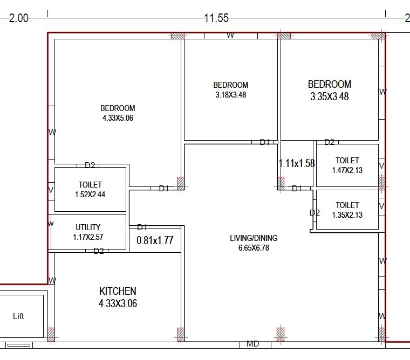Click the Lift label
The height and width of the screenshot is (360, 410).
pos(19,316)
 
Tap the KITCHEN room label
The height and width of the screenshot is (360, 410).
pos(118,291)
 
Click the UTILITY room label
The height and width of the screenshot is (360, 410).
pos(87,227)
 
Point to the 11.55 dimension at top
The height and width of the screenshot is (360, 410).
pos(216,18)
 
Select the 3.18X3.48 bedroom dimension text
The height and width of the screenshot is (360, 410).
pos(230,95)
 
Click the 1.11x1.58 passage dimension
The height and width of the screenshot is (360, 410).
pos(296,163)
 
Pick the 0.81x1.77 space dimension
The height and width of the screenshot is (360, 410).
pos(154,240)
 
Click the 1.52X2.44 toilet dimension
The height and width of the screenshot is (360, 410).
pos(90,194)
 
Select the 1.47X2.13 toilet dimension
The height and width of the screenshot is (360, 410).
pos(347,170)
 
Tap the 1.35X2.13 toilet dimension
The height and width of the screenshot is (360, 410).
pos(347,215)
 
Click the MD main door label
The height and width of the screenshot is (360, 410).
pos(252,344)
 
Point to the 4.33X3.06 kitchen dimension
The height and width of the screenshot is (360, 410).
pos(118,303)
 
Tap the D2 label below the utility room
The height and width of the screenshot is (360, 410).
pos(99,251)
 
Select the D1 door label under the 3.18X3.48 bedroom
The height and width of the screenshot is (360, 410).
pos(264,142)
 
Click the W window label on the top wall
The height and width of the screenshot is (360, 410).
pos(230,36)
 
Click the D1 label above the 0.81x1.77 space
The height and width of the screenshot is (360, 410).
pos(142,227)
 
